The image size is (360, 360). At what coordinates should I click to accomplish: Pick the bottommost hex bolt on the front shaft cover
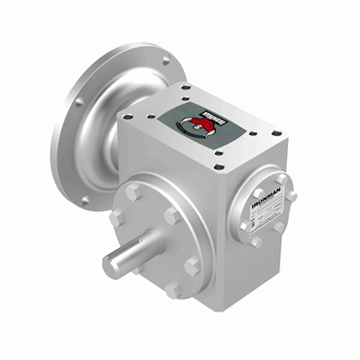tap(173, 290)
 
